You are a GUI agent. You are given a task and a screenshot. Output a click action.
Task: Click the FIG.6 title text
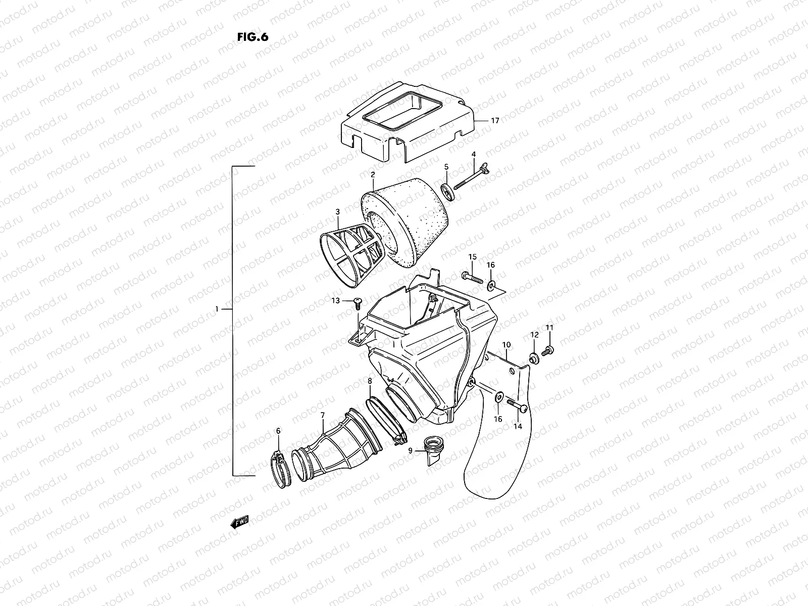coord(252,38)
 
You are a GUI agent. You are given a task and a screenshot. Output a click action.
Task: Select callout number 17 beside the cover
coord(494,121)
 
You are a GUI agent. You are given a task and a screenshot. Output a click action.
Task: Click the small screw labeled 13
coord(357,302)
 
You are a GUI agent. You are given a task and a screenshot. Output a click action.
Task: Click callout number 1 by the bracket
coord(217,309)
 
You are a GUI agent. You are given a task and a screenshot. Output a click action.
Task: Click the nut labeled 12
coord(533,359)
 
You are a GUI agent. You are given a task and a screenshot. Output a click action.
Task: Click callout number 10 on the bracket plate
coord(507,344)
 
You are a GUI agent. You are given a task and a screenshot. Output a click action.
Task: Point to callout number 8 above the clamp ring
coord(370,381)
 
